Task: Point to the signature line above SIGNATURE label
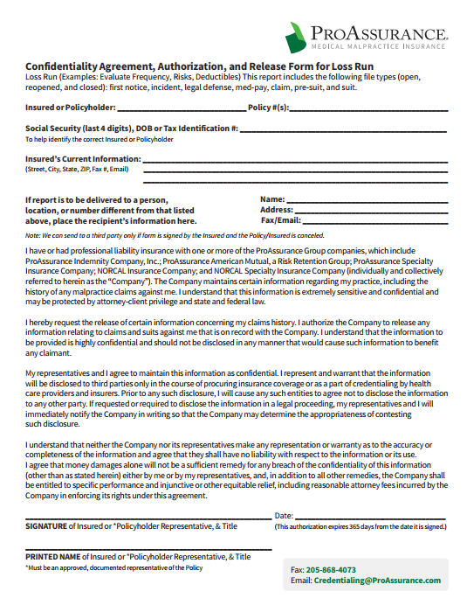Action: click(148, 519)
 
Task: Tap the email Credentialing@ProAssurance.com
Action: click(377, 581)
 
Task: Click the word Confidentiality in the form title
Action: click(66, 66)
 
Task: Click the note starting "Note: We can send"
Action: click(175, 236)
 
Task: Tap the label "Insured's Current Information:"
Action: click(83, 159)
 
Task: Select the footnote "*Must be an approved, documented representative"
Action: click(113, 567)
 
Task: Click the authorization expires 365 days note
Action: click(361, 527)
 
